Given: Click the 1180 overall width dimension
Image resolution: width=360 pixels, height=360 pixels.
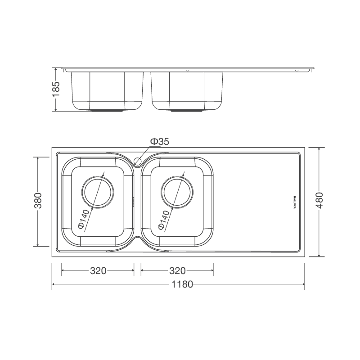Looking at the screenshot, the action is (x=182, y=284).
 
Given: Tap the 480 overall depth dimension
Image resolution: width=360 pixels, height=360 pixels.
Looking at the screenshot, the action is (x=319, y=200).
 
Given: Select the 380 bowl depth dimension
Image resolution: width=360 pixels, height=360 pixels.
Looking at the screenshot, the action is (x=38, y=200).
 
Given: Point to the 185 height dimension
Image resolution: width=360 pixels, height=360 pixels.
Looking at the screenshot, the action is (x=56, y=89).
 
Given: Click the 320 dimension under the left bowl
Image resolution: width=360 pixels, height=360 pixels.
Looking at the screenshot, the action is (x=98, y=271).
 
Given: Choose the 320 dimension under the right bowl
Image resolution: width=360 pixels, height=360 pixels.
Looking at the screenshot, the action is (x=177, y=271).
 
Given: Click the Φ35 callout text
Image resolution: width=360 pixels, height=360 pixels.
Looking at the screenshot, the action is (x=160, y=142).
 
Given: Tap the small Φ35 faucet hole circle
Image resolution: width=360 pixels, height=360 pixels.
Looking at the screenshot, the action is (x=137, y=161).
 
